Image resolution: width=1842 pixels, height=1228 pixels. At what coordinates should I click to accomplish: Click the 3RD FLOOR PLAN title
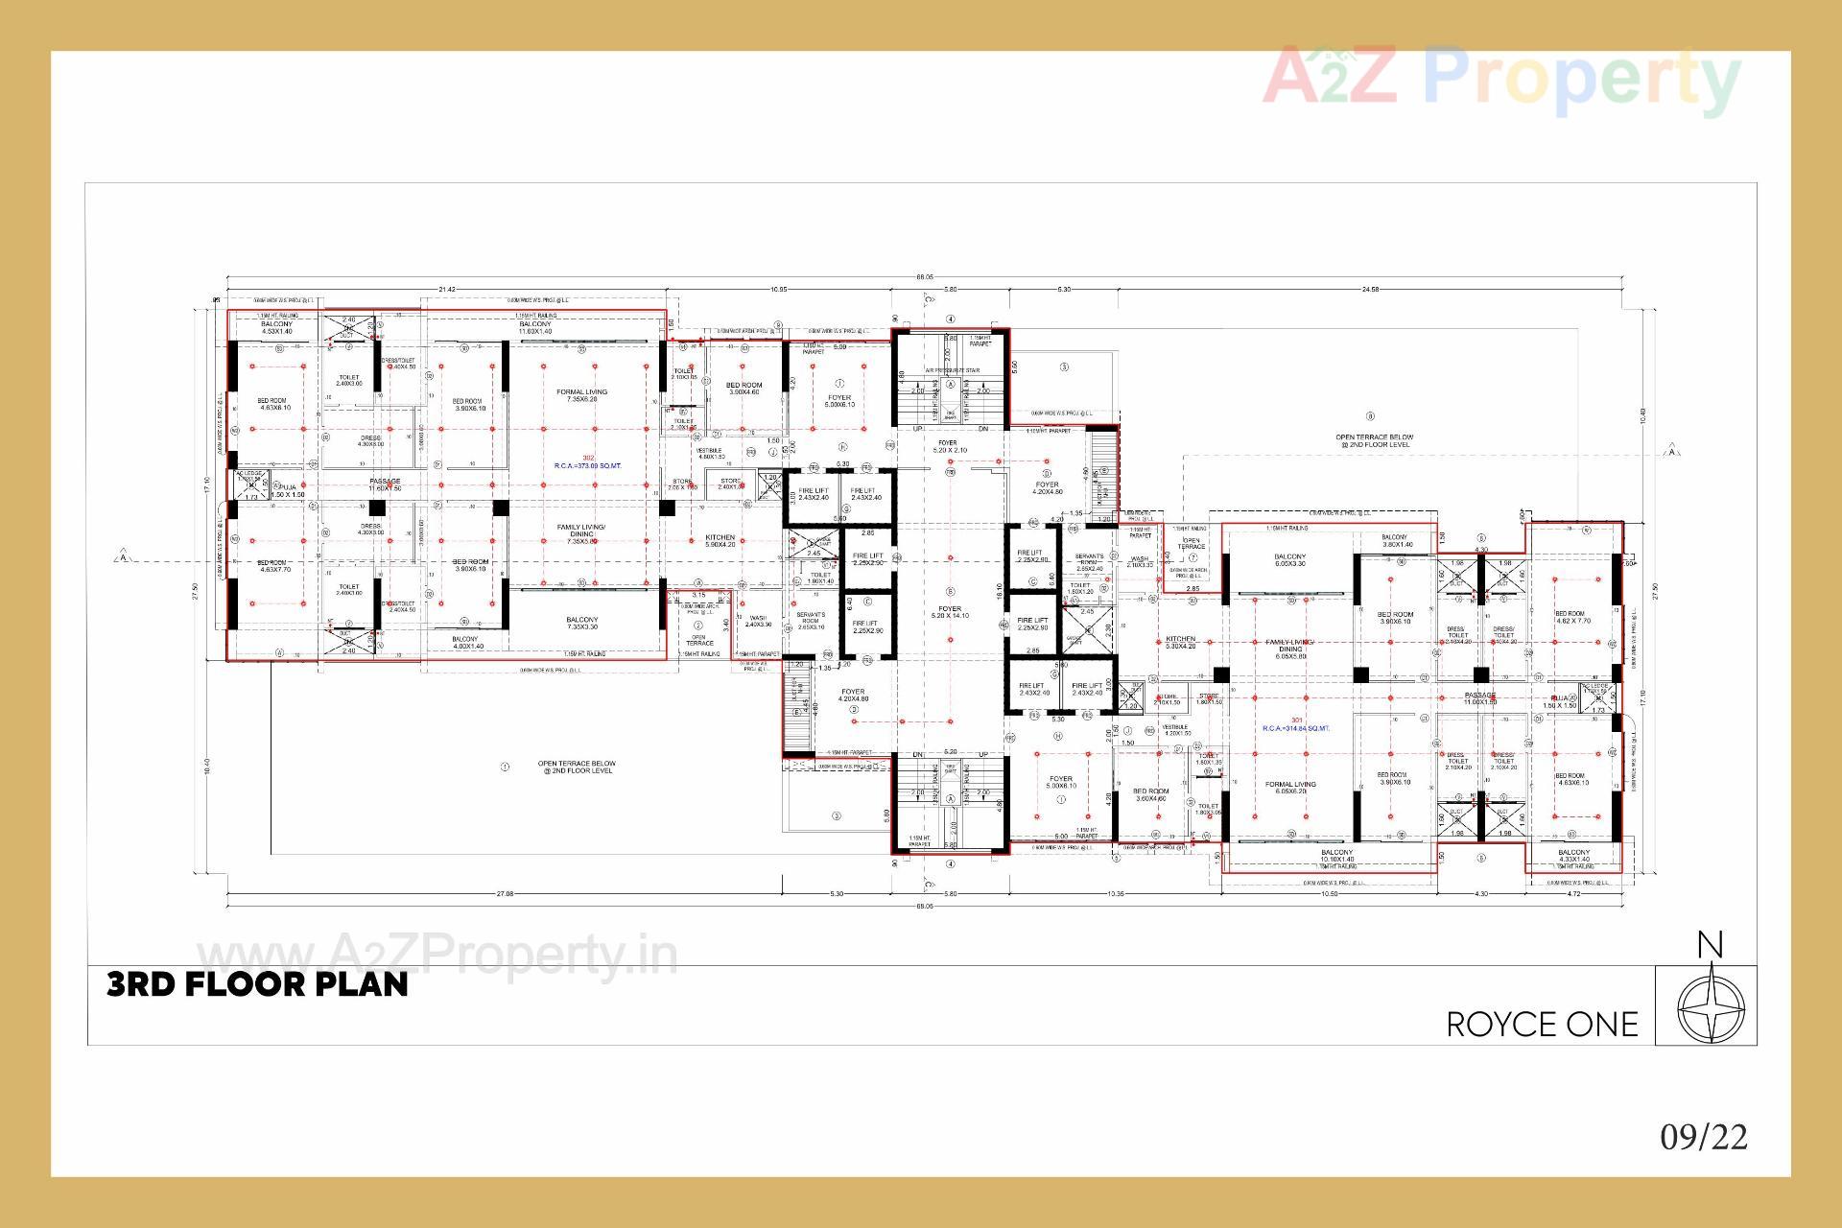(257, 984)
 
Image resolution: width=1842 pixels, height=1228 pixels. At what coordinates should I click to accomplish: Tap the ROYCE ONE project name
(1542, 1025)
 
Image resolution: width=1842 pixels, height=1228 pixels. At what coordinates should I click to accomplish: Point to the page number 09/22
(1704, 1137)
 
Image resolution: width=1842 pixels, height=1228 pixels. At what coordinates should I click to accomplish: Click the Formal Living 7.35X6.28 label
(581, 395)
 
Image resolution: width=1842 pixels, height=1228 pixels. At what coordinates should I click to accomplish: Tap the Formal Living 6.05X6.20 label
(1290, 788)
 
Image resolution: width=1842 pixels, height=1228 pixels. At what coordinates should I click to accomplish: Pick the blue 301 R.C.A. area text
(1296, 725)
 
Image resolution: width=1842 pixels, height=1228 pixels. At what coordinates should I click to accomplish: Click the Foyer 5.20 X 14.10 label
(949, 612)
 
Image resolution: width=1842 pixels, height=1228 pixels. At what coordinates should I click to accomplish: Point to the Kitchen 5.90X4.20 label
(720, 541)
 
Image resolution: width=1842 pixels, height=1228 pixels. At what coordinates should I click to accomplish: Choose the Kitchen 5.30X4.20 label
(1180, 643)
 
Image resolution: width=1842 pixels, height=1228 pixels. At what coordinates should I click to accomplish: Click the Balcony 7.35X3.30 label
(581, 624)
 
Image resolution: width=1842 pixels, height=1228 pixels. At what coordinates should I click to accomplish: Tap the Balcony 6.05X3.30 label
(1289, 560)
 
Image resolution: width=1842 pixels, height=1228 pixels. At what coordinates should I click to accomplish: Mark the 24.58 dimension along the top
(1370, 289)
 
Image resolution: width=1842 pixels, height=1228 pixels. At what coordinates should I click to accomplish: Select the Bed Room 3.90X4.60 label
(744, 389)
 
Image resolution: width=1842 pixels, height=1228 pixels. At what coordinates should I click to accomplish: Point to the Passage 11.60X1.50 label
(385, 484)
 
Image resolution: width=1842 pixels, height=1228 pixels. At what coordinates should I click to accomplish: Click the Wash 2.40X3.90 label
(758, 621)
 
